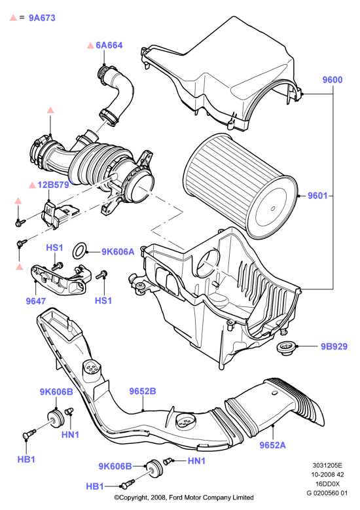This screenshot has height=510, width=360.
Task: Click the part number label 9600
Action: click(x=333, y=80)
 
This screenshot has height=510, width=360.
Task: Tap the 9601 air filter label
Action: click(x=317, y=196)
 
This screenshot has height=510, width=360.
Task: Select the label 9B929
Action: click(x=334, y=346)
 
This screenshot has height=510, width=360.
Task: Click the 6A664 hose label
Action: click(x=109, y=45)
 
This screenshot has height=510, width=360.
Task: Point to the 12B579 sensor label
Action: click(x=53, y=185)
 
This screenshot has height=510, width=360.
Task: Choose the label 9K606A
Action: click(x=118, y=252)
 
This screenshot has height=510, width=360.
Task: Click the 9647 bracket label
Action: click(x=36, y=301)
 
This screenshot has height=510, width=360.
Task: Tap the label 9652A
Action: click(x=272, y=445)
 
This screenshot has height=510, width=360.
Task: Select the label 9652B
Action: click(x=143, y=391)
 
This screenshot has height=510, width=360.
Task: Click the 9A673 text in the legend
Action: click(x=42, y=18)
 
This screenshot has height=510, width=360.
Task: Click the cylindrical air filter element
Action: click(x=240, y=185)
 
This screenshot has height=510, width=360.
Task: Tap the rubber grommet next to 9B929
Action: click(x=285, y=349)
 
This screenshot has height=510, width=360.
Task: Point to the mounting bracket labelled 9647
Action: click(x=58, y=280)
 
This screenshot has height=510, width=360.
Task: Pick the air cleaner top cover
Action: click(x=221, y=75)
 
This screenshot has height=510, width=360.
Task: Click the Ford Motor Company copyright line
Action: click(x=184, y=498)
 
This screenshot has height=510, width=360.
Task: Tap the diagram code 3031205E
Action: click(x=327, y=465)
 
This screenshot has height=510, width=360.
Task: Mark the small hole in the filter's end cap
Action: click(x=273, y=208)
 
